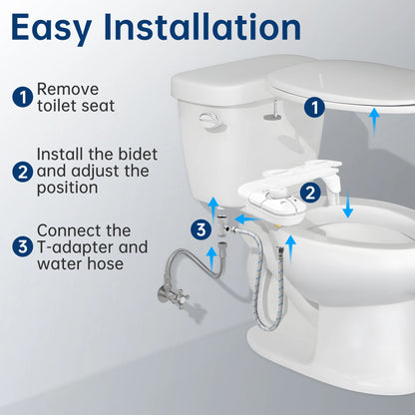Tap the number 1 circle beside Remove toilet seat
point(22,98)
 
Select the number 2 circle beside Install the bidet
point(22,171)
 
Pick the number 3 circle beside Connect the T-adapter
point(22,245)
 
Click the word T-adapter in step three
point(81,246)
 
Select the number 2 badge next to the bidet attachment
point(311,192)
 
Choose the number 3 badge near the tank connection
point(201,231)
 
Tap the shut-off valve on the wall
point(161,296)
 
